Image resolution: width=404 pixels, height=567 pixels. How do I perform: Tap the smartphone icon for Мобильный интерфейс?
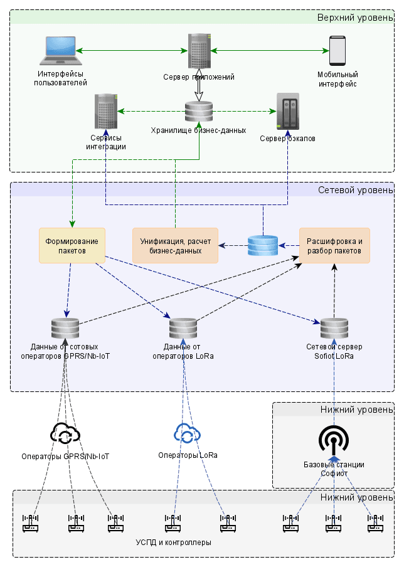point(338,50)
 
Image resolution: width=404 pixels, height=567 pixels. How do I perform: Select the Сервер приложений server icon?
point(199,51)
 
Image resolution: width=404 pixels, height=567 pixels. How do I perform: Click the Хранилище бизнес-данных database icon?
point(199,112)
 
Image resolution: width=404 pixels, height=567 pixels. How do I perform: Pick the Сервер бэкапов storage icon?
point(288,112)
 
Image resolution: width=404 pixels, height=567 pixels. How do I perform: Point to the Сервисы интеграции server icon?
point(106,112)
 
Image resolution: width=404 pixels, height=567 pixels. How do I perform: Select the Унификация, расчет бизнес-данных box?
point(175,245)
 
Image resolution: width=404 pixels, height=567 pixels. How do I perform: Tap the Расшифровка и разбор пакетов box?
point(334,245)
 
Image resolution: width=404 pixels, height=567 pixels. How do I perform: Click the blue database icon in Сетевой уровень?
point(262,245)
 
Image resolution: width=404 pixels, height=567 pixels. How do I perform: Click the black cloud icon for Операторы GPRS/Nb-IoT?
point(65,433)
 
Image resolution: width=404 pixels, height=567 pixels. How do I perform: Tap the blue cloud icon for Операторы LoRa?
point(187,433)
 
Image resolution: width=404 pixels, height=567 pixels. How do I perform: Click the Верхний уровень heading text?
point(354,18)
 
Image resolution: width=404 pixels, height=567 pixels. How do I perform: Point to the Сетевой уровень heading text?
point(355,190)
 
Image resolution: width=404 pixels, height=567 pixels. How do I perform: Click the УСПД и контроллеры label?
point(173,542)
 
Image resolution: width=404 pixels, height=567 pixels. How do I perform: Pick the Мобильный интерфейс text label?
point(338,80)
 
